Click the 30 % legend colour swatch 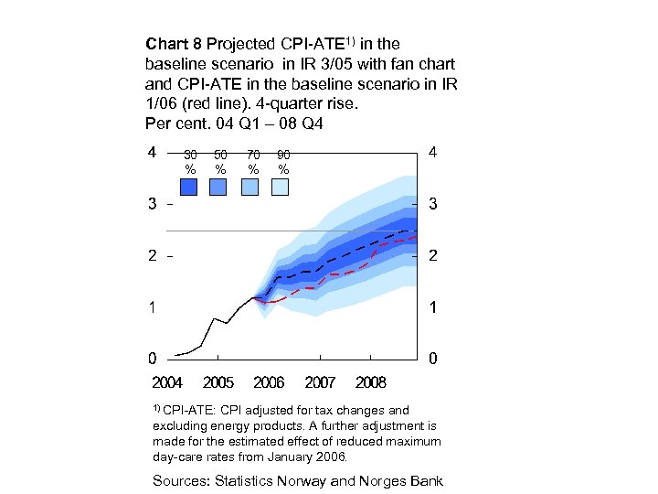pos(189,187)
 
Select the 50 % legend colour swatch pos(218,187)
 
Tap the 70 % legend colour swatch pos(249,187)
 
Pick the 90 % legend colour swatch pos(280,187)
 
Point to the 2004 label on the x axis pos(167,382)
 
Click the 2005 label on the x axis pos(218,382)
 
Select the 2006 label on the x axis pos(269,382)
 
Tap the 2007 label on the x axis pos(320,382)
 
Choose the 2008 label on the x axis pos(371,382)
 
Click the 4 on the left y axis pos(152,153)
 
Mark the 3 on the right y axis pos(433,206)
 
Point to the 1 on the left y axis pos(152,308)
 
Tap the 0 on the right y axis pos(433,359)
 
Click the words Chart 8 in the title pos(174,44)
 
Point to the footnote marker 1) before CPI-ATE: pos(156,408)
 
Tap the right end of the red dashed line pos(417,237)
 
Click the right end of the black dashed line pos(417,231)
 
